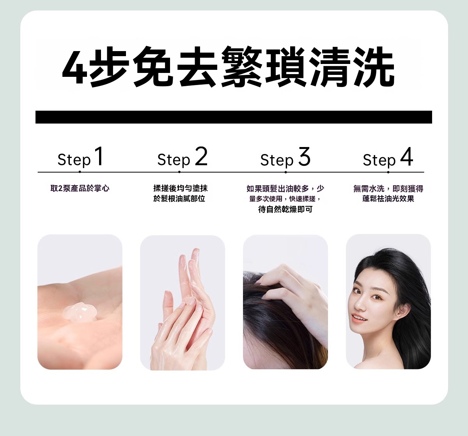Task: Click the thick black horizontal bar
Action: click(x=234, y=117)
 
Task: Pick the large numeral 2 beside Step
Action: click(x=201, y=156)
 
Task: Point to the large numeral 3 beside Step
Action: click(x=304, y=156)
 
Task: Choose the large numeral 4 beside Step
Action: click(x=406, y=156)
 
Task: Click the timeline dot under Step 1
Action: click(x=80, y=172)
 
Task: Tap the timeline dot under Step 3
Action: click(x=285, y=172)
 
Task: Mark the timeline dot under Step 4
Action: click(x=388, y=172)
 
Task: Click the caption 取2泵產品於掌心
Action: click(x=80, y=188)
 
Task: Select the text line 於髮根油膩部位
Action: click(x=179, y=199)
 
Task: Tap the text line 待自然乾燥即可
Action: click(x=285, y=209)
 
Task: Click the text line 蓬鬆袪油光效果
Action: click(x=388, y=199)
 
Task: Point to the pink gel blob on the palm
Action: click(x=80, y=312)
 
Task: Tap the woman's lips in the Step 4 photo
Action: click(x=360, y=319)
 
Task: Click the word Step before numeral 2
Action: click(x=174, y=160)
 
